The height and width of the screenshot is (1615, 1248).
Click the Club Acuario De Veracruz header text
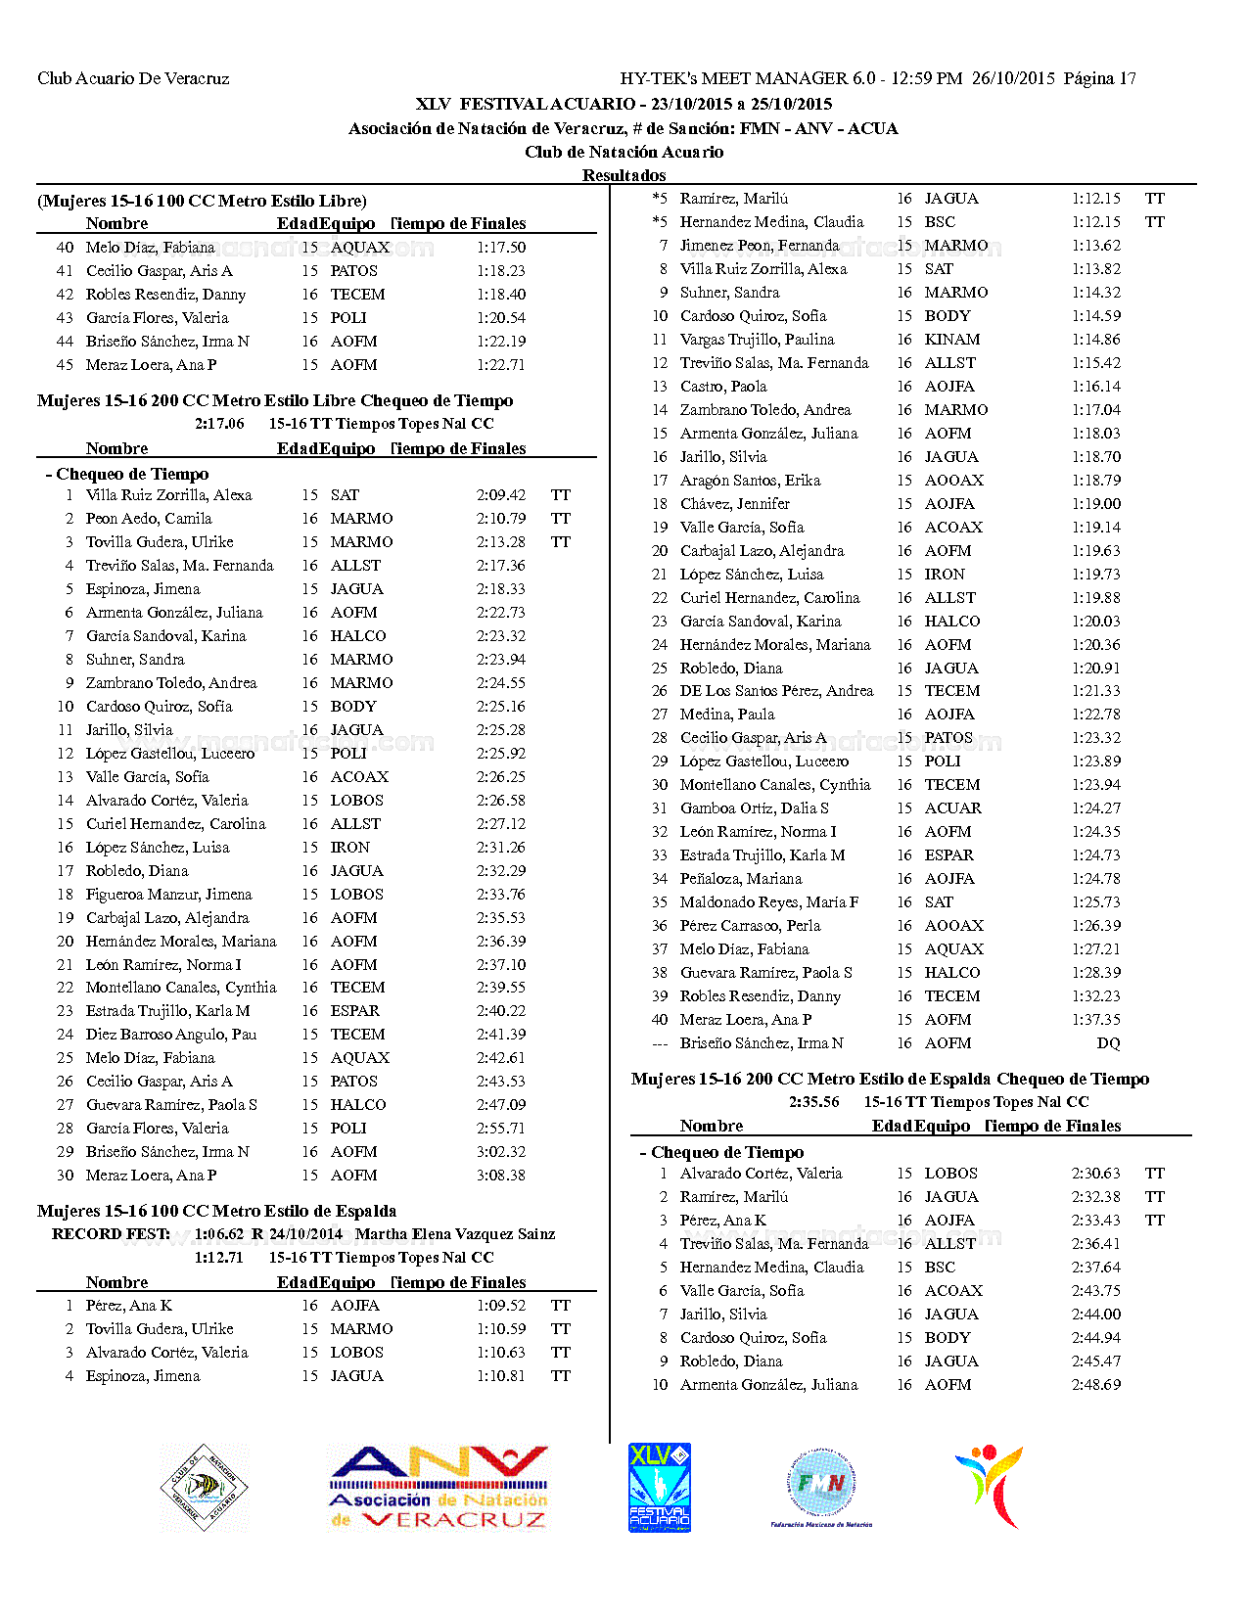tap(133, 78)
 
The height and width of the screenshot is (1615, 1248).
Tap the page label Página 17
tap(1099, 78)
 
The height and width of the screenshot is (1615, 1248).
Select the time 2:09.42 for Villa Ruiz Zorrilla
tap(501, 495)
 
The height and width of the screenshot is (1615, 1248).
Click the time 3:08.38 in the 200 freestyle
tap(501, 1176)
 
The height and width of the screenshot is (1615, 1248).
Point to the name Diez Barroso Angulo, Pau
tap(171, 1035)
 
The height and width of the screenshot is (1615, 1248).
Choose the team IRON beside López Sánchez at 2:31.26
tap(349, 848)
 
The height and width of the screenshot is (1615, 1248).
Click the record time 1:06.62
tap(218, 1234)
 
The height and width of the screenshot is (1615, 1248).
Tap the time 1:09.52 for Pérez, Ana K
tap(501, 1306)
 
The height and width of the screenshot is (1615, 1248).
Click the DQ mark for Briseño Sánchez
tap(1108, 1043)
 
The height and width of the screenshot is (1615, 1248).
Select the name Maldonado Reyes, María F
tap(769, 902)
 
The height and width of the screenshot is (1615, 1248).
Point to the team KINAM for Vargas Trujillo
tap(951, 340)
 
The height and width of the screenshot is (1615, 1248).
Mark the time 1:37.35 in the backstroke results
tap(1096, 1020)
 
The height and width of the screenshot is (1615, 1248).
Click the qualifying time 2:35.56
tap(814, 1102)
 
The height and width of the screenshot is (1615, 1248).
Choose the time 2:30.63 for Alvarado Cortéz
tap(1096, 1174)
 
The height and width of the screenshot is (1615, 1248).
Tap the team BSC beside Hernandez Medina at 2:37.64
tap(940, 1268)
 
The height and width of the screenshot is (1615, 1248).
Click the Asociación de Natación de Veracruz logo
tap(439, 1488)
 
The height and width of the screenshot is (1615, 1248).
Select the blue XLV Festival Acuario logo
tap(659, 1488)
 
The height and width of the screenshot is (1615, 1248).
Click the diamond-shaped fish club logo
tap(204, 1488)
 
